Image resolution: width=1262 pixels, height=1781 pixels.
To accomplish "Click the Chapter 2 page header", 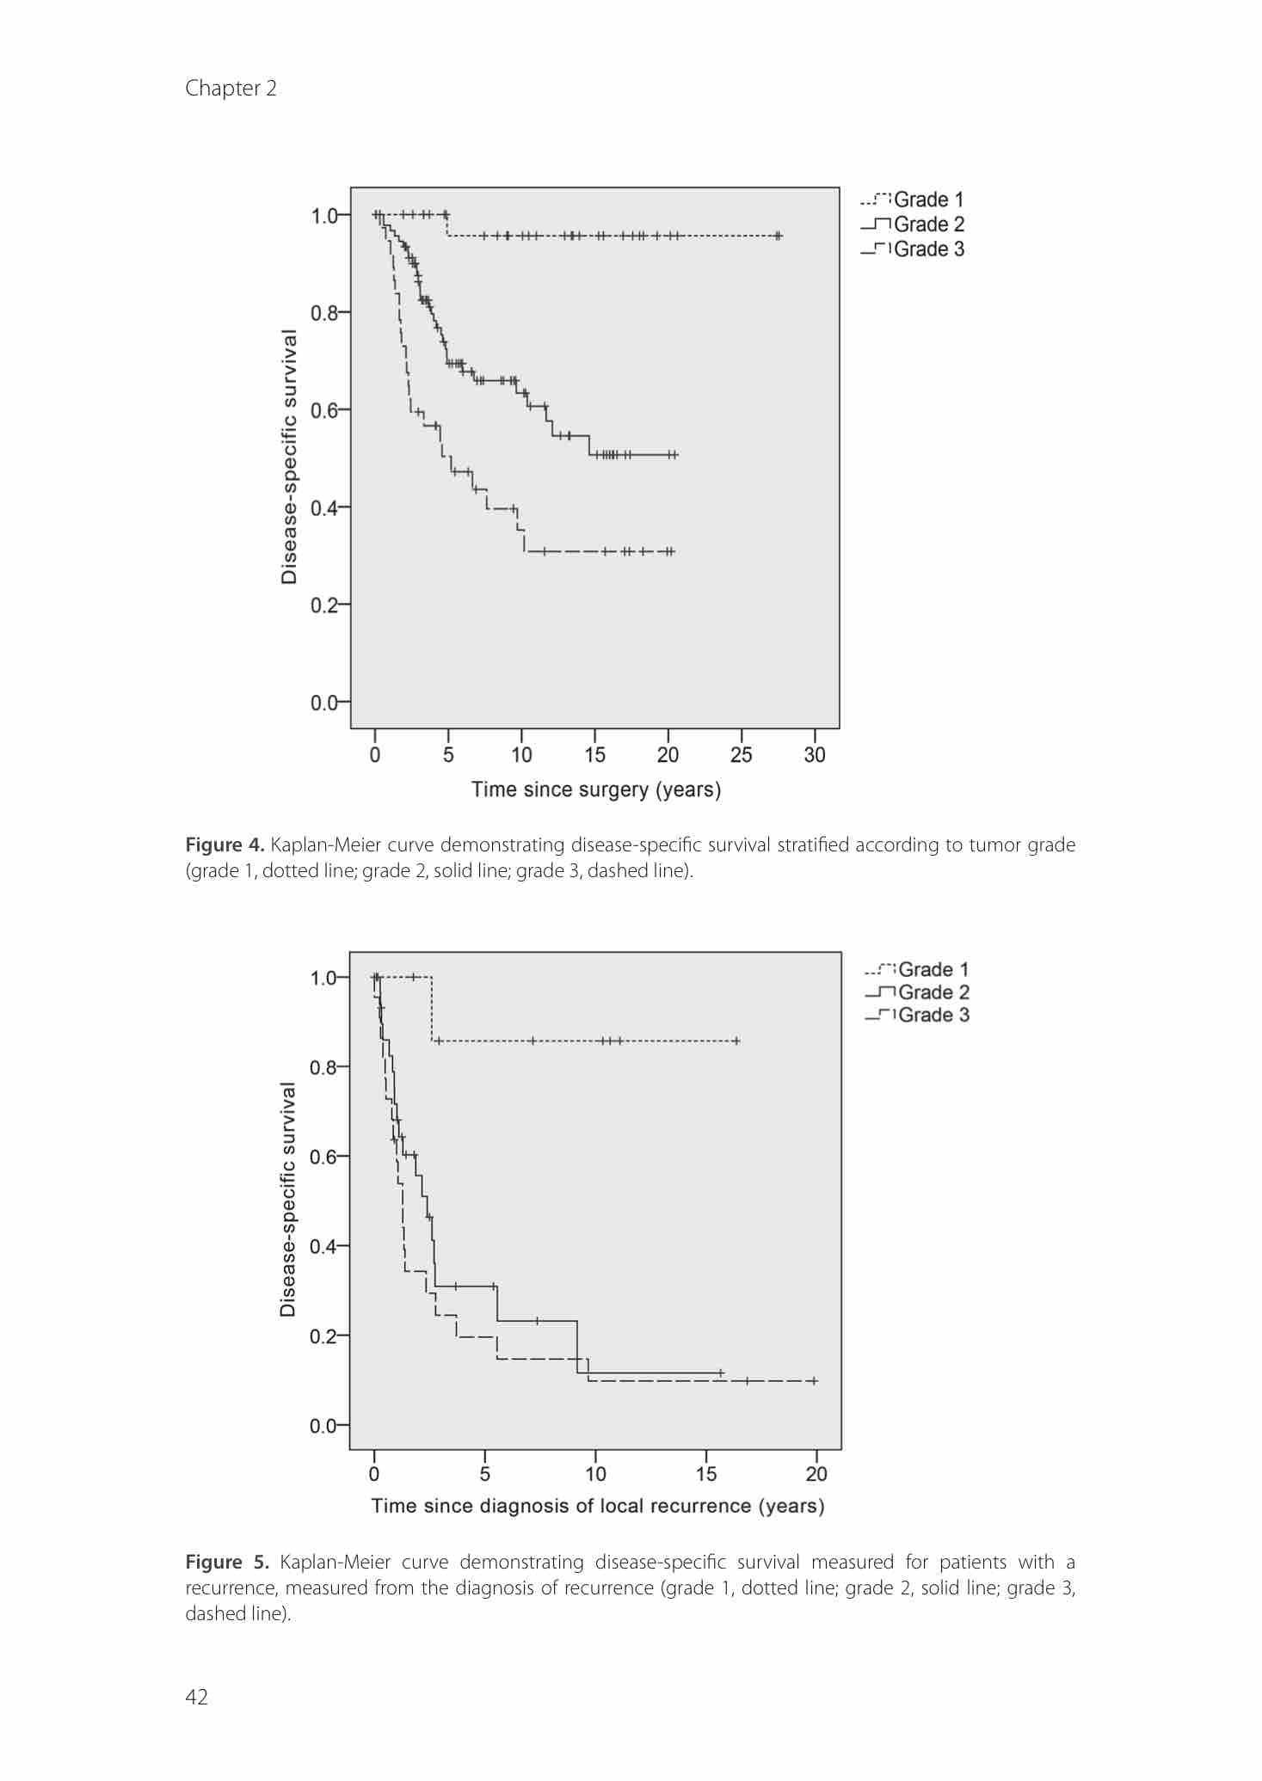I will tap(231, 89).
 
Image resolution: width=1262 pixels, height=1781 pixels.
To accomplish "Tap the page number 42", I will tap(196, 1696).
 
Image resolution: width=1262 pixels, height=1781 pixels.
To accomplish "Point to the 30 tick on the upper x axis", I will tap(814, 754).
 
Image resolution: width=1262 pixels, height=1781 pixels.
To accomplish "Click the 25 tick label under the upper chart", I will tap(741, 754).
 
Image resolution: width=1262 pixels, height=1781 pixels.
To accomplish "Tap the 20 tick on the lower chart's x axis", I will tap(816, 1474).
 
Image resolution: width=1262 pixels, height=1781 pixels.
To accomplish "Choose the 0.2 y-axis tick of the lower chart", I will tap(324, 1336).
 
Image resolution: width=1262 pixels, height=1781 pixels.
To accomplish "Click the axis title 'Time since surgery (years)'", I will tap(595, 789).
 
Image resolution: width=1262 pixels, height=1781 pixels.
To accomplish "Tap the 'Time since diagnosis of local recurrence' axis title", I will tap(597, 1506).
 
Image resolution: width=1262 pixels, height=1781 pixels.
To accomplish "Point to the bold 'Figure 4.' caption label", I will tap(225, 845).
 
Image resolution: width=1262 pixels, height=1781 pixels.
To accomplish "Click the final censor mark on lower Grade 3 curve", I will tap(814, 1381).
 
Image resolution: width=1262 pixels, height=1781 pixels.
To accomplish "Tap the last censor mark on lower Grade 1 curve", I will tap(736, 1041).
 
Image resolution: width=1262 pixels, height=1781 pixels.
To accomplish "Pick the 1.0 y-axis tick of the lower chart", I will tap(324, 978).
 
